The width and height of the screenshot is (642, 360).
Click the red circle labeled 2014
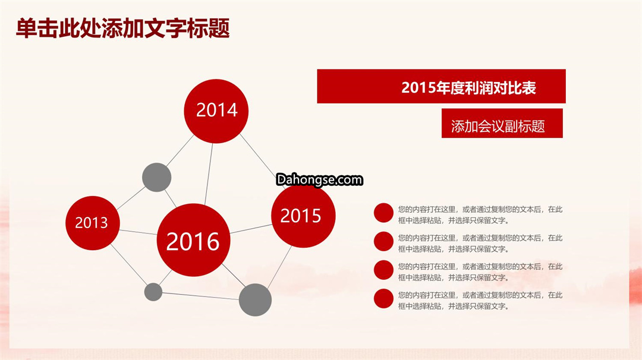(x=216, y=111)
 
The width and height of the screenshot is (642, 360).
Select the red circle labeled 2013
(x=93, y=223)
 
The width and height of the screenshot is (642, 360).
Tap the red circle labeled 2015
(x=303, y=216)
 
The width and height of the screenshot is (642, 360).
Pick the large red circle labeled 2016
(x=193, y=240)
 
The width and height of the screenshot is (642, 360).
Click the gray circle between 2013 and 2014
(x=157, y=178)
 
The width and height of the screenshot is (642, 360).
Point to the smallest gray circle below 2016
(x=153, y=292)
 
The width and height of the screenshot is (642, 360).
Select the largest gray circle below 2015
(x=255, y=300)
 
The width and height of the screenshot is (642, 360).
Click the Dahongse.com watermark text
(x=319, y=179)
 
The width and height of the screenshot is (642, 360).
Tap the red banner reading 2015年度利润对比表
(x=441, y=86)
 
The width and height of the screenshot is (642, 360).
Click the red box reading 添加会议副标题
(x=502, y=123)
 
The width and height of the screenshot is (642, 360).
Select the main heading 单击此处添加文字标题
(x=123, y=29)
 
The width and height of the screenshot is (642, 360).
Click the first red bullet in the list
(x=383, y=213)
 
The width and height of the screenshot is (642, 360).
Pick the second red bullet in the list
(x=383, y=241)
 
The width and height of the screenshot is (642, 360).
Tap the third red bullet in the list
(x=383, y=270)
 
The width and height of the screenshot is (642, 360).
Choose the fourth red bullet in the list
(x=383, y=299)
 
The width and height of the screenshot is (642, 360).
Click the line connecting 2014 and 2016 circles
(x=209, y=174)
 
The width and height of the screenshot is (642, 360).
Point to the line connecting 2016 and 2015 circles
(x=251, y=229)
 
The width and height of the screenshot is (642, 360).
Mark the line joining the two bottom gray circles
(x=201, y=296)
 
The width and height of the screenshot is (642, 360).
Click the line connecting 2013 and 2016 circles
(x=139, y=232)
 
